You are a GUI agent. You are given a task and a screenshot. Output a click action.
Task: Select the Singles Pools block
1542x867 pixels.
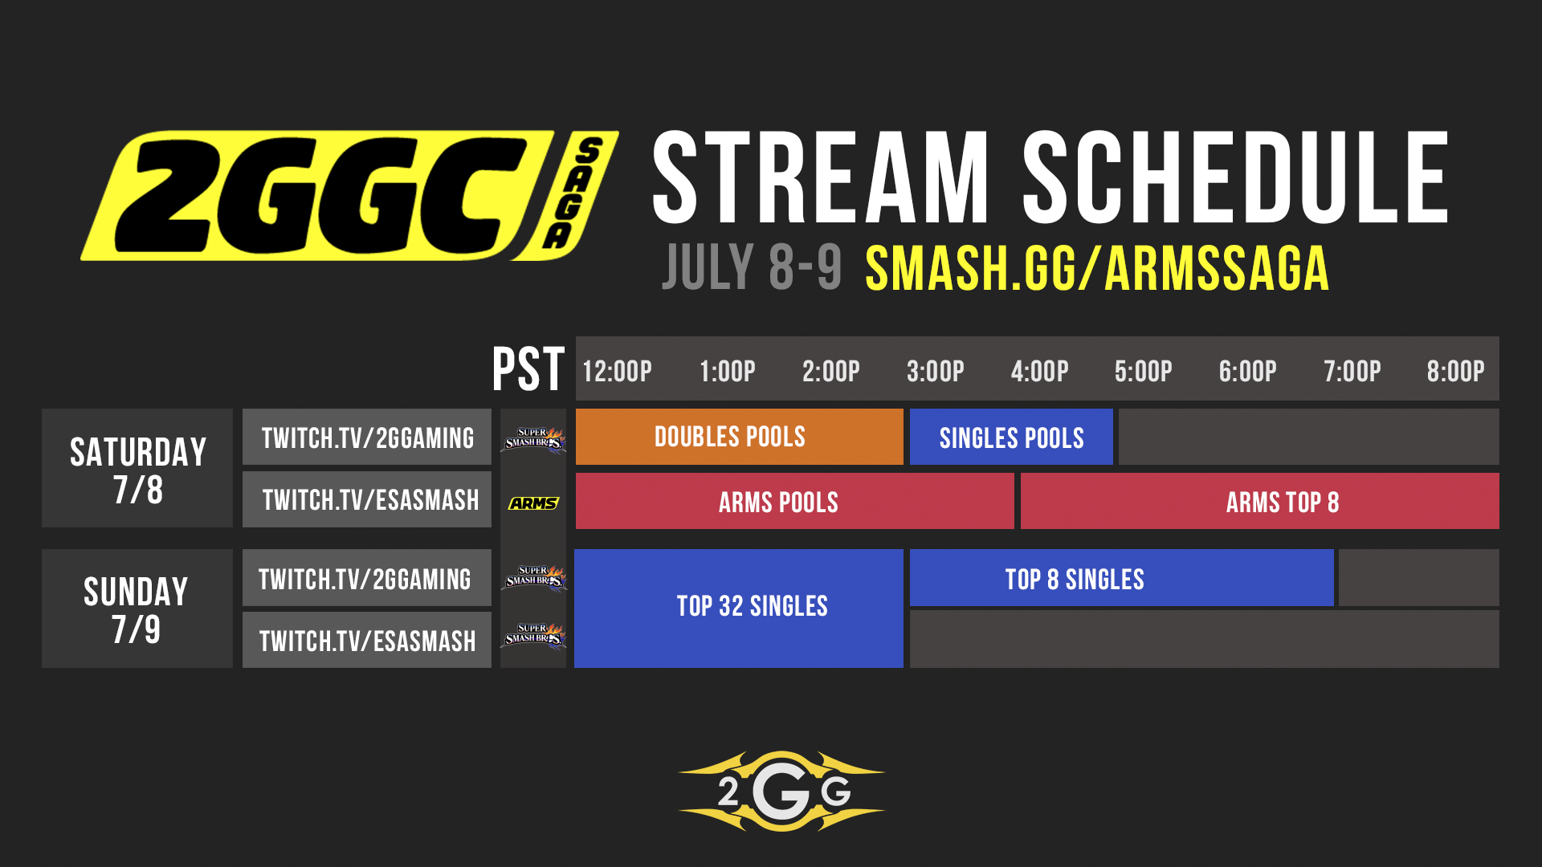(1011, 438)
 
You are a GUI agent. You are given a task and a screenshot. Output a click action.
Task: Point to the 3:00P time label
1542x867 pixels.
(935, 371)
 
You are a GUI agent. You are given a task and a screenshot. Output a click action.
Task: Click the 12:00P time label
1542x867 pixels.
(617, 371)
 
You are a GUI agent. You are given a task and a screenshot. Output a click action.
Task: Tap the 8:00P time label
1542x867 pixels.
(1455, 371)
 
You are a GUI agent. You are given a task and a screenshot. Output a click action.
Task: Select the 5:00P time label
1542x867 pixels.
(1143, 371)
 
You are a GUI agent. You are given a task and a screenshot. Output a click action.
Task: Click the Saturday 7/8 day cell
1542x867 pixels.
(137, 469)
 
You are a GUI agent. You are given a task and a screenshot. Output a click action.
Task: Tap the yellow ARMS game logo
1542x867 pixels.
(533, 503)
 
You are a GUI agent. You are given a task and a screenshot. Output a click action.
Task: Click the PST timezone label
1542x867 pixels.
(528, 369)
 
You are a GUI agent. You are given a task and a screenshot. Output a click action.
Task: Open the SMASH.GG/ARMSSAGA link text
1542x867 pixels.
(1097, 269)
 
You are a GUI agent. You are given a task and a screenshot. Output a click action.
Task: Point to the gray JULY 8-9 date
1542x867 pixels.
(752, 267)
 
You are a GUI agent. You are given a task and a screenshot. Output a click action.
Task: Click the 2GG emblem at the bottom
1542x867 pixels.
(781, 792)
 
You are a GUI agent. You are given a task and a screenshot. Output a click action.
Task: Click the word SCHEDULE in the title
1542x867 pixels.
(1234, 178)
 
